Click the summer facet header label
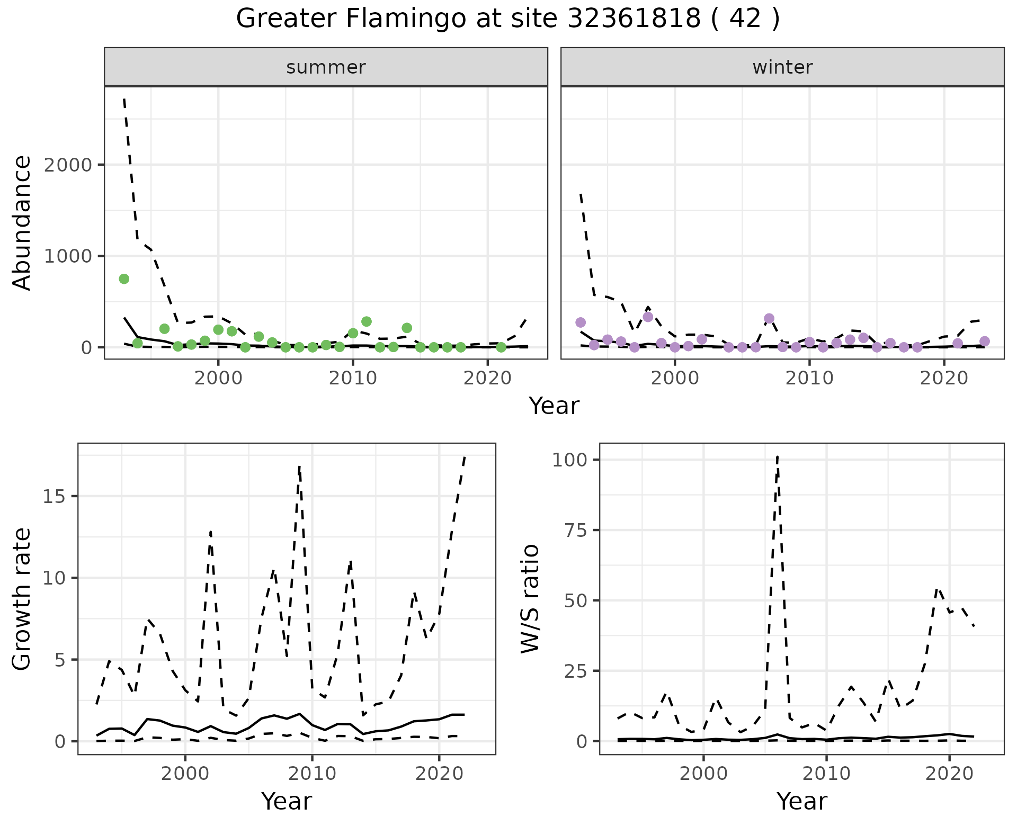[326, 67]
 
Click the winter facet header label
[782, 67]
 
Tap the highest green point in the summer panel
[124, 279]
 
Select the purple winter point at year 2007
[769, 319]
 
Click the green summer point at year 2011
[367, 322]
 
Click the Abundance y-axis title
[22, 222]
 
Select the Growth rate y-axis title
[22, 598]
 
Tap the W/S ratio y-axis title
[530, 598]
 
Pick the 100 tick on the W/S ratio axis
[570, 460]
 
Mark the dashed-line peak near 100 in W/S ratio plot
[777, 456]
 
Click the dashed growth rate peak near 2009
[300, 467]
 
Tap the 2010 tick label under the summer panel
[353, 379]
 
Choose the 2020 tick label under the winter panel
[944, 379]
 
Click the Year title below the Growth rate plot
[287, 801]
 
